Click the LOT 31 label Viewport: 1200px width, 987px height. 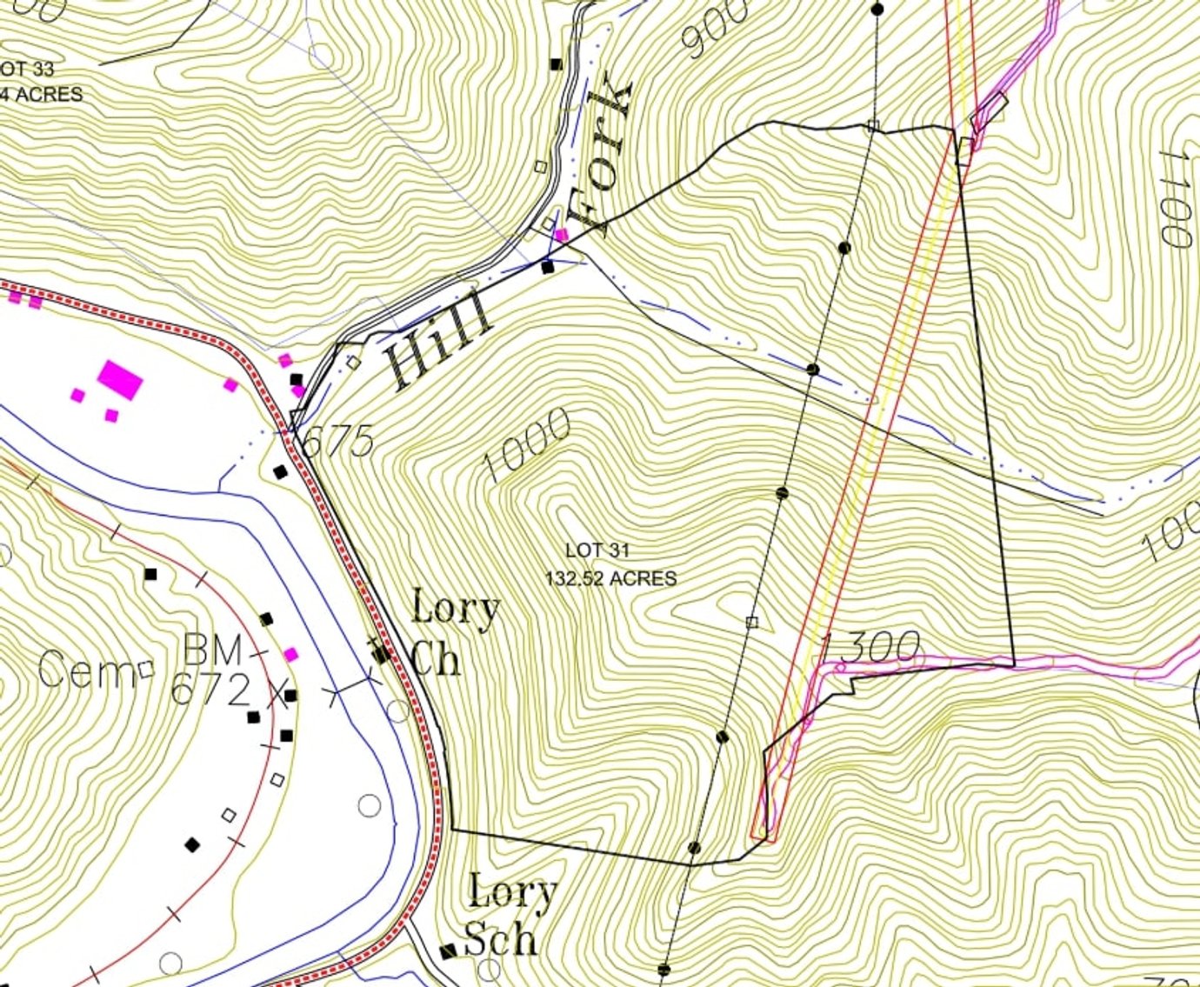[597, 550]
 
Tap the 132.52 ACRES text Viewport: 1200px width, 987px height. [610, 578]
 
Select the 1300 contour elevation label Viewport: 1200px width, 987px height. [870, 647]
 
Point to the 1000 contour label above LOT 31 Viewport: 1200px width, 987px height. [527, 444]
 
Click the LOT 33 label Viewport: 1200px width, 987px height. [27, 69]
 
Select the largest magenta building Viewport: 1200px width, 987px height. [120, 379]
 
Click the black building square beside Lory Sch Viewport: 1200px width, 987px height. [448, 951]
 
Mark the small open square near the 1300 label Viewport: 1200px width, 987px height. [752, 622]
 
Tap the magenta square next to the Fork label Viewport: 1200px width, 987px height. [562, 235]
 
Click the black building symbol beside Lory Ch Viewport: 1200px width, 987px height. [380, 652]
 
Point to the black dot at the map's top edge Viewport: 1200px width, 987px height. [877, 10]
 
